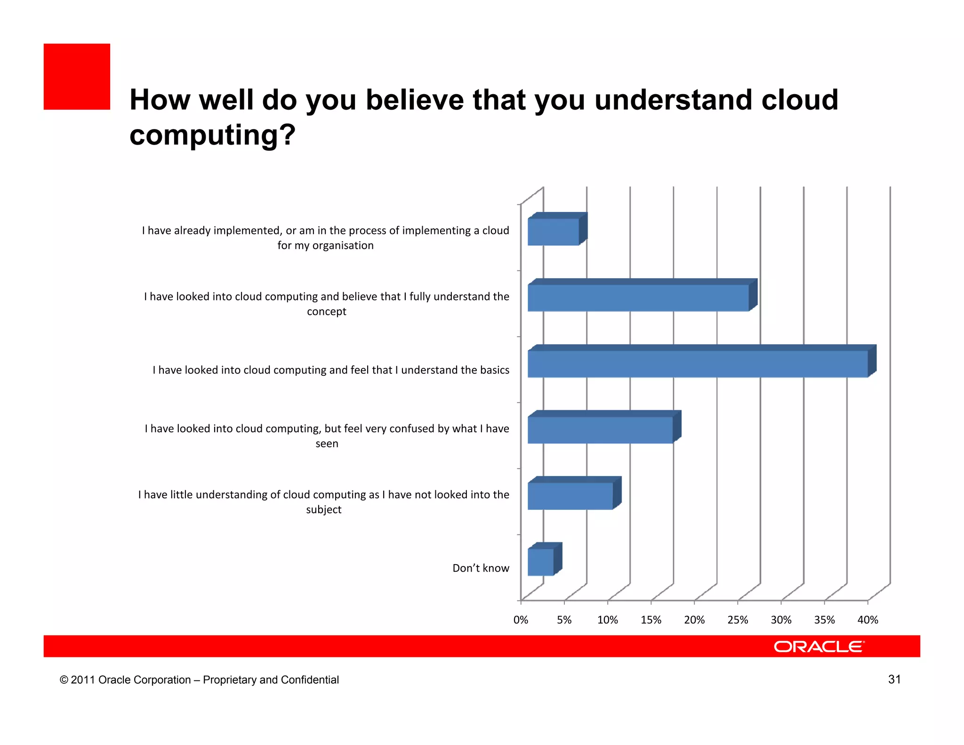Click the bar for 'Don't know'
tap(541, 562)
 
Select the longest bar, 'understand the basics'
tap(698, 364)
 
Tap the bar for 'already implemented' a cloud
tap(554, 232)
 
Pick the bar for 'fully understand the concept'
tap(638, 298)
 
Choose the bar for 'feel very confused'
tap(600, 430)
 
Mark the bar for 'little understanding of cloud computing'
tap(570, 496)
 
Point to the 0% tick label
tap(521, 620)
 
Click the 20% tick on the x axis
tap(694, 620)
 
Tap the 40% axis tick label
tap(868, 620)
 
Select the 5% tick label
tap(564, 620)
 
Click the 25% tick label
tap(738, 620)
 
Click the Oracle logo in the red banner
tap(819, 647)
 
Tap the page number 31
tap(894, 679)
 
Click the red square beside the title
tap(77, 77)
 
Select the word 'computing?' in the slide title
tap(212, 135)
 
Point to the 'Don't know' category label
tap(481, 568)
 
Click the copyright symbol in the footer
tap(64, 680)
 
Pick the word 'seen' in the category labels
tap(327, 444)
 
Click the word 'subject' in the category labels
tap(324, 510)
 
